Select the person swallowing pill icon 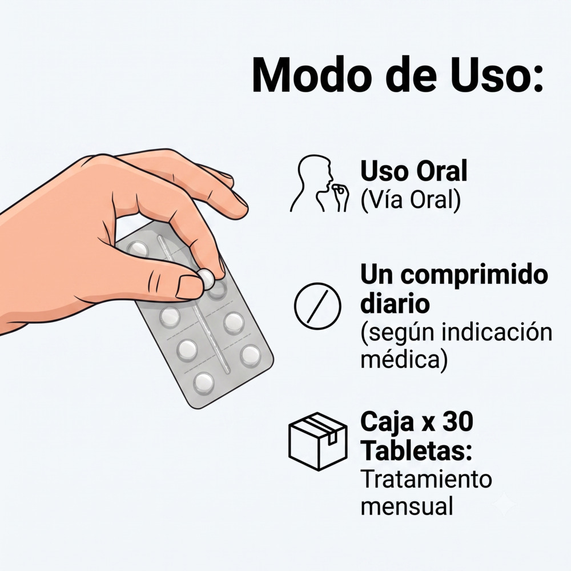point(319,183)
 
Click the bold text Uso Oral point(413,171)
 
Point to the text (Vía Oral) point(411,200)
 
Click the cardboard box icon point(318,441)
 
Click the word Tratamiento point(426,479)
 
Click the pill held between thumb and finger point(207,279)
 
